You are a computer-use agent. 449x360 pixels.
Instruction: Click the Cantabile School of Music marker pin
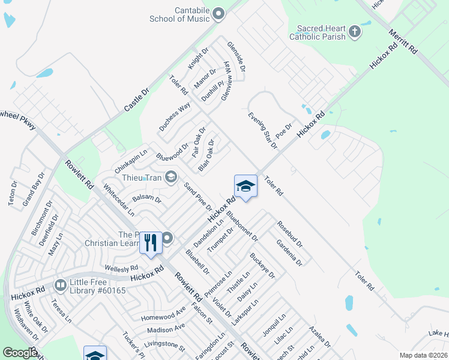218,13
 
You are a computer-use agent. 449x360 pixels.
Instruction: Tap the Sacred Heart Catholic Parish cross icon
354,31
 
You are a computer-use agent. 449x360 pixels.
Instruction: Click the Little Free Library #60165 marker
60,285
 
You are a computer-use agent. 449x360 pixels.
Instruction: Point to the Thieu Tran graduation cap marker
171,176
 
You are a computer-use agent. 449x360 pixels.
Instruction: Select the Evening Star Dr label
263,130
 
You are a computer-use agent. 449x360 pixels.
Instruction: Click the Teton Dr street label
13,194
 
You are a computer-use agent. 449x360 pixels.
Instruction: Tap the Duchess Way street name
175,116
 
